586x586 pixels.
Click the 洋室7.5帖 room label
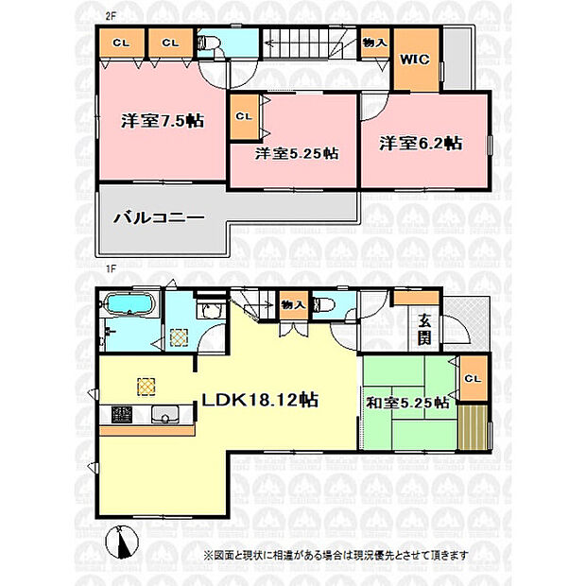click(x=163, y=121)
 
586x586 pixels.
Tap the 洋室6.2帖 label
click(x=421, y=143)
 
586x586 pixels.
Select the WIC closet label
click(x=415, y=60)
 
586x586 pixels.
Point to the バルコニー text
click(x=159, y=217)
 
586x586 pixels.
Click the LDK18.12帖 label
click(x=260, y=400)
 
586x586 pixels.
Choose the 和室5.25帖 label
click(x=407, y=403)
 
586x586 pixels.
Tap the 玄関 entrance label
click(x=424, y=330)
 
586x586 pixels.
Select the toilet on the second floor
click(x=208, y=43)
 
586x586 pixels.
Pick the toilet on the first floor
click(x=323, y=304)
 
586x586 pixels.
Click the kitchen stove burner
click(x=122, y=415)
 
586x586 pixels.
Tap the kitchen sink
click(x=165, y=415)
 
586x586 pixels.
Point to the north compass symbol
click(x=122, y=542)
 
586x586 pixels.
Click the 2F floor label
click(x=109, y=17)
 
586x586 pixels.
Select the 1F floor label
click(x=110, y=268)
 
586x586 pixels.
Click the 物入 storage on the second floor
click(x=375, y=43)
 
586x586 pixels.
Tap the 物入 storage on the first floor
click(x=294, y=305)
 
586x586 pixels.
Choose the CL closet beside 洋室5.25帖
click(x=245, y=116)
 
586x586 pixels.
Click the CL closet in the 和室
click(x=474, y=378)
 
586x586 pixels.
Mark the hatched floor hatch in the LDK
click(x=146, y=387)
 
